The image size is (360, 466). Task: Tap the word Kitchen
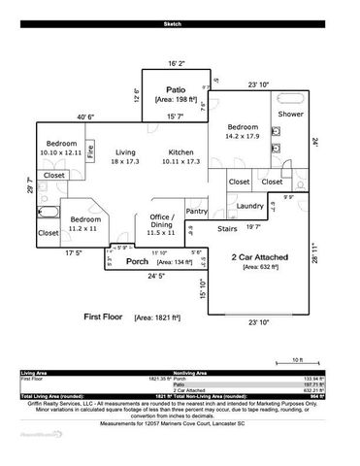click(181, 153)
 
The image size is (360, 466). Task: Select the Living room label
click(125, 153)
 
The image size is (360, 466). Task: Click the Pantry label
click(196, 211)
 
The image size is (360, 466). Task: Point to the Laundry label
click(250, 206)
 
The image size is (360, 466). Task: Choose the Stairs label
click(226, 230)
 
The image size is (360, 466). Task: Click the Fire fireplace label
click(90, 153)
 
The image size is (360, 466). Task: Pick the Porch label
click(138, 262)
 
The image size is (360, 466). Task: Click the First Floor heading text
click(105, 317)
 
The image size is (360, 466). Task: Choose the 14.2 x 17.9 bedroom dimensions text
click(241, 137)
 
